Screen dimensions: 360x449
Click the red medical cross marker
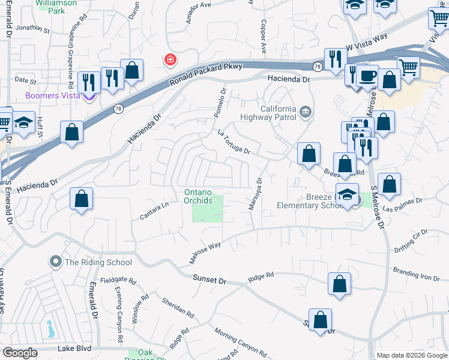[x=170, y=60]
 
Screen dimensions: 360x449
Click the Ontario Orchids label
[x=198, y=196]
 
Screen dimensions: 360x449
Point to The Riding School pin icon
[x=56, y=262]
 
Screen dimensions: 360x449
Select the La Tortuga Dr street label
[x=234, y=142]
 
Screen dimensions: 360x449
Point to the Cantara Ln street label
[x=155, y=210]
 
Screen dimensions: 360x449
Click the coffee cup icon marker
[x=367, y=77]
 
